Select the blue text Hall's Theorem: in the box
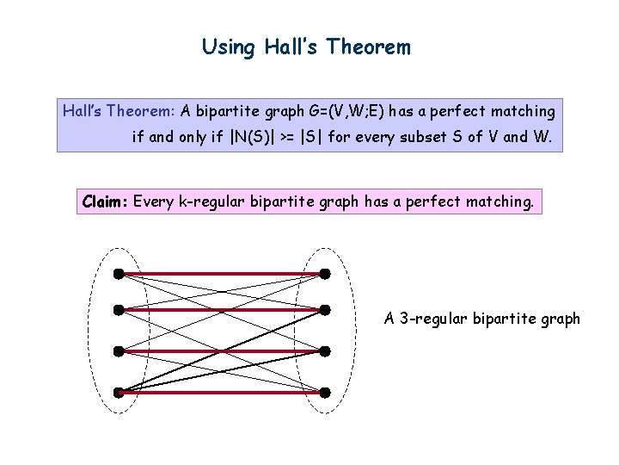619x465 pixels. tap(119, 111)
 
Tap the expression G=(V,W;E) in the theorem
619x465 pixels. tap(347, 111)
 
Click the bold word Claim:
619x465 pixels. tap(105, 202)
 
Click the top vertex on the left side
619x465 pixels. tap(118, 274)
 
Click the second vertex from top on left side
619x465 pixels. tap(118, 309)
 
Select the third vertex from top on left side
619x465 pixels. tap(118, 350)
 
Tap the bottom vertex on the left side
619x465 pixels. tap(118, 393)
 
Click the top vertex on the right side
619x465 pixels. tap(325, 274)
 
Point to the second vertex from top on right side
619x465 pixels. tap(325, 309)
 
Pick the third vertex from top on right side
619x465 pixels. tap(325, 350)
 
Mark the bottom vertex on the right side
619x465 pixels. tap(325, 393)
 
